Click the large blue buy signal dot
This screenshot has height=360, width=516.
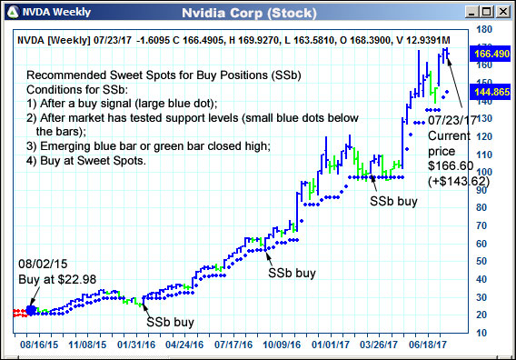pos(32,310)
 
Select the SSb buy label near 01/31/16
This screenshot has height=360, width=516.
pos(170,321)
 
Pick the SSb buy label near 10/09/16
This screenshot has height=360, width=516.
pos(292,272)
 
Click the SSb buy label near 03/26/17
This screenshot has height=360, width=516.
pos(393,201)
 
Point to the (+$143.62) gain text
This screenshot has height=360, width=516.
pos(457,181)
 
